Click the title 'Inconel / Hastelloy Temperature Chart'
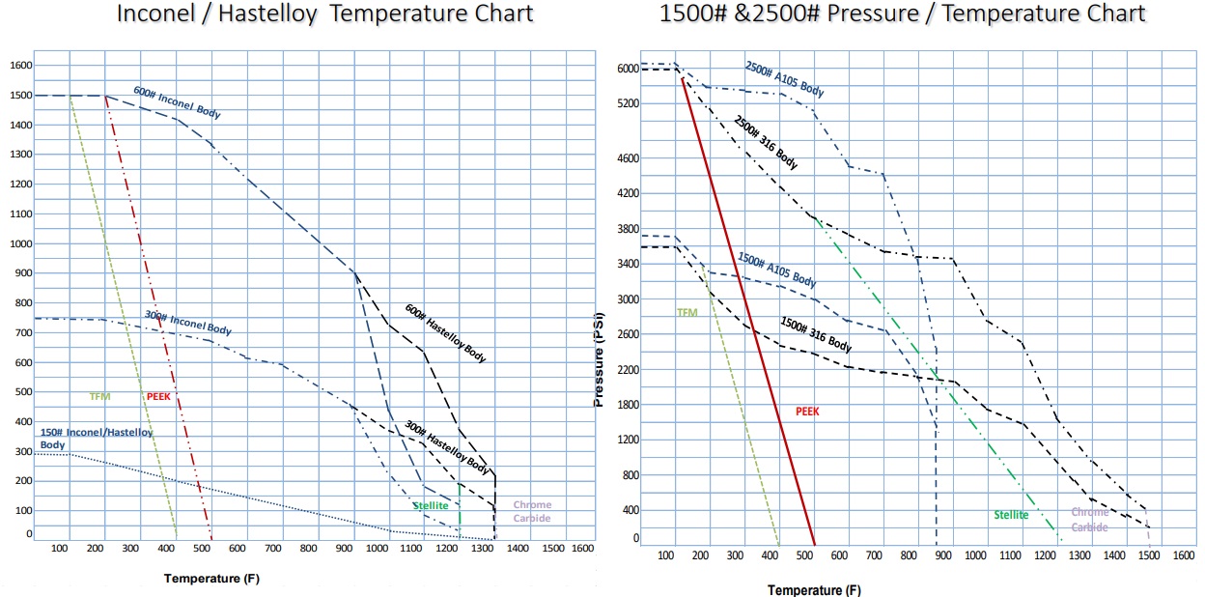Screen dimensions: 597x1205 [x=324, y=14]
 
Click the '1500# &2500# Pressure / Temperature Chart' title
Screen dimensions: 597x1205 [x=903, y=14]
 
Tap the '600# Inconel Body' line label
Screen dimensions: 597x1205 [x=177, y=103]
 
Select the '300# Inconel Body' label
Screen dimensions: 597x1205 [x=188, y=323]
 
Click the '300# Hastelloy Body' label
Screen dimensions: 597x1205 [x=446, y=447]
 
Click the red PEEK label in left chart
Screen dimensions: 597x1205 [x=158, y=396]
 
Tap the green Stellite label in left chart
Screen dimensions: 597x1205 [x=431, y=505]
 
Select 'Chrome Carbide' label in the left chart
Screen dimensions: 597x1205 [x=532, y=511]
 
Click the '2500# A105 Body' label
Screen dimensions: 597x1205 [x=784, y=79]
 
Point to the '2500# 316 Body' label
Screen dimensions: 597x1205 [x=765, y=144]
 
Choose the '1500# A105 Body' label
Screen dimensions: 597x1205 [x=776, y=270]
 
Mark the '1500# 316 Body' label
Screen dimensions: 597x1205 [x=816, y=333]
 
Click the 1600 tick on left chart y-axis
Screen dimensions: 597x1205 [x=21, y=66]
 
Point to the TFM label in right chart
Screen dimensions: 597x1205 [x=687, y=313]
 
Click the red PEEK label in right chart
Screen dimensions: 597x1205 [x=807, y=411]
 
